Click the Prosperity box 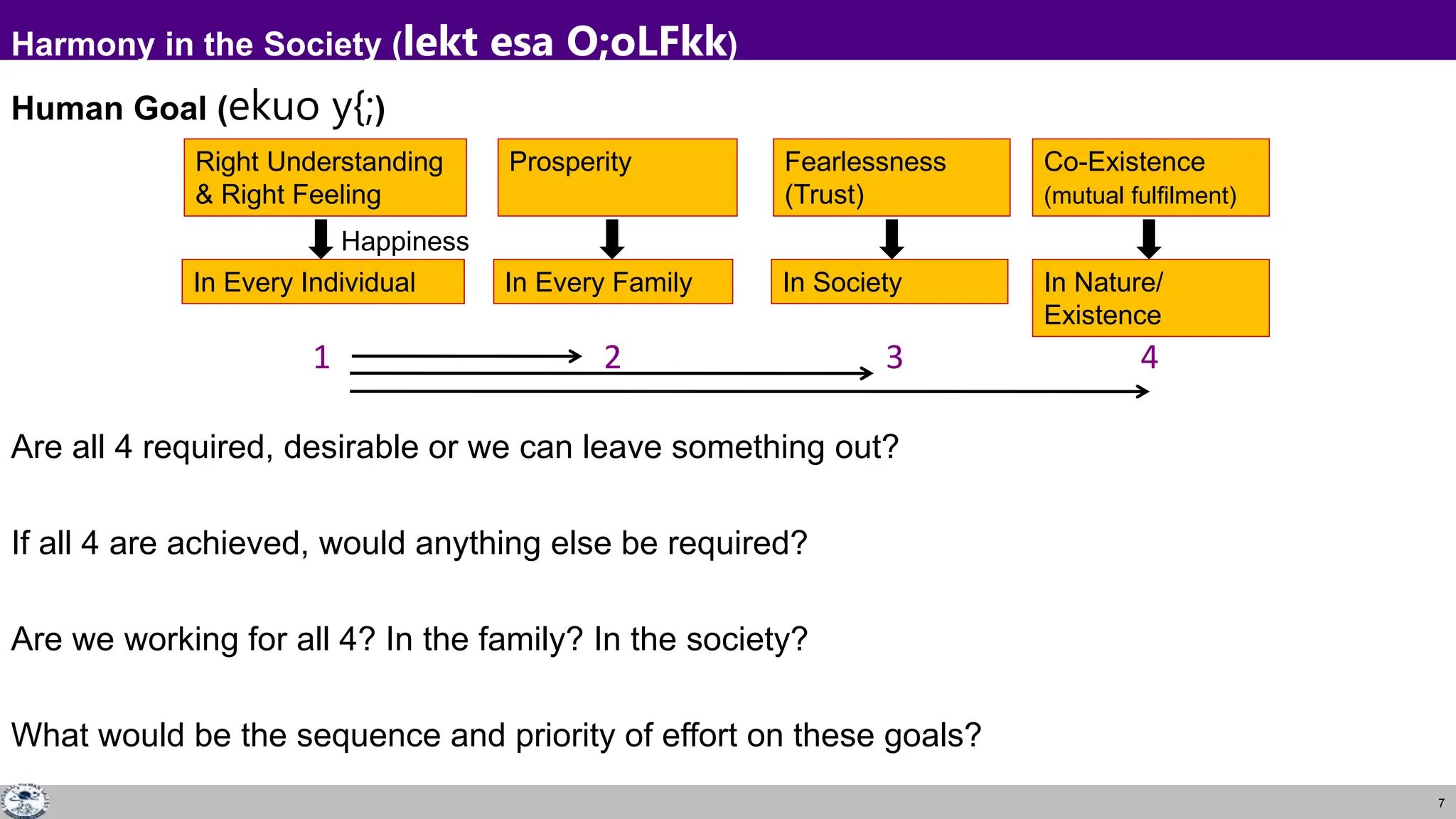coord(617,177)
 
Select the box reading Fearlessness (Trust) coord(891,177)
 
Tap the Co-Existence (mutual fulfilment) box coord(1150,177)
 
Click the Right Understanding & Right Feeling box coord(325,177)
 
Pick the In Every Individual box coord(323,282)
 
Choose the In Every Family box coord(612,282)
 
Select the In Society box coord(889,282)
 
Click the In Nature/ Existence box coord(1150,298)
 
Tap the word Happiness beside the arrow coord(405,242)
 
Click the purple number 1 coord(321,357)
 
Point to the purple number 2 coord(612,357)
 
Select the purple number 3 coord(894,357)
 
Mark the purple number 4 coord(1149,357)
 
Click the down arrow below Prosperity coord(611,239)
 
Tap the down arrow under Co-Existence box coord(1149,239)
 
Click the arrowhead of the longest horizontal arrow coord(1143,391)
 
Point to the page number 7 coord(1441,803)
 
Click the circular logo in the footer coord(24,801)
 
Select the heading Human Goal coord(109,109)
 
